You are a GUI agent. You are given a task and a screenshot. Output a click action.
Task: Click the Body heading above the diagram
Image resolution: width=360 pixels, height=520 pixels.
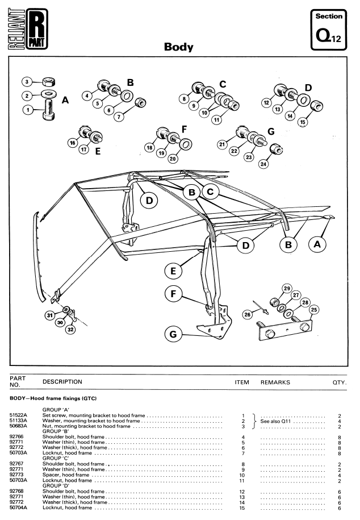point(178,48)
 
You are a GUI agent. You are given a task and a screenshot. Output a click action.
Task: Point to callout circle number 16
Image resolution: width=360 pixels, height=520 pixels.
point(73,143)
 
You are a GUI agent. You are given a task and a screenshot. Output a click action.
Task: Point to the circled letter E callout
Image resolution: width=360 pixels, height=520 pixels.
point(173,271)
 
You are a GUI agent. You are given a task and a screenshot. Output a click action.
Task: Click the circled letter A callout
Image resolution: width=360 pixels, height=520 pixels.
point(317,244)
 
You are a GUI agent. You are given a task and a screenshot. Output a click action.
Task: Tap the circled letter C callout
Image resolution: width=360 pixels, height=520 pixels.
point(210,192)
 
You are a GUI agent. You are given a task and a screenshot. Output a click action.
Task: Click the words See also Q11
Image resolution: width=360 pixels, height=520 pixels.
point(283,420)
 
